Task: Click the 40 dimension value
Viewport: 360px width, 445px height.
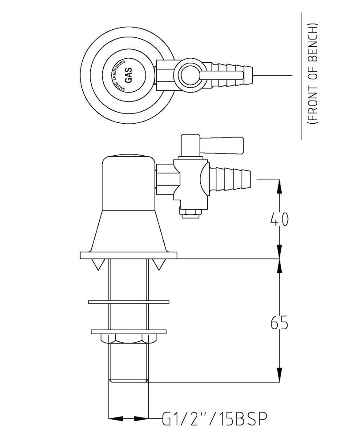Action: click(279, 219)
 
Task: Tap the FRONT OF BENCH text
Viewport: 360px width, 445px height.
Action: click(314, 73)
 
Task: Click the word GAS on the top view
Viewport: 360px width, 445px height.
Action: click(128, 74)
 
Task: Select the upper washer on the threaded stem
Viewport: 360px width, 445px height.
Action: click(129, 302)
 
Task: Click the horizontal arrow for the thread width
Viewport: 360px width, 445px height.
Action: click(129, 418)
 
